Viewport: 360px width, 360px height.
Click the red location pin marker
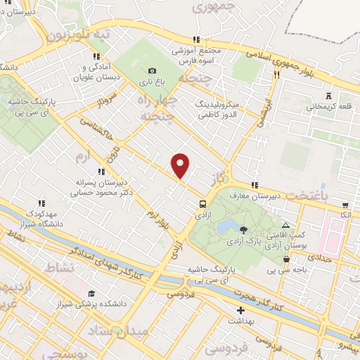click(181, 165)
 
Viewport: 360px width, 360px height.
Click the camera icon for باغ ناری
click(152, 70)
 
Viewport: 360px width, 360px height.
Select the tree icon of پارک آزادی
click(243, 229)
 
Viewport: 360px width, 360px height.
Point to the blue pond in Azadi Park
click(226, 226)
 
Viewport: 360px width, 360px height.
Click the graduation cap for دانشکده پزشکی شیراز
click(91, 293)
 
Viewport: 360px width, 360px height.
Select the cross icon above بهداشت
click(240, 310)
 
